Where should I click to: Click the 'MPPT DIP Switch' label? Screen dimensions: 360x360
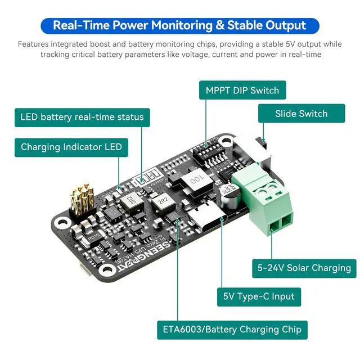(242, 90)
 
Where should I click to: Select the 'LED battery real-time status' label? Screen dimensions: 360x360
(82, 117)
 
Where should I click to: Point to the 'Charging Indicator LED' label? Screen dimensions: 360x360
(71, 147)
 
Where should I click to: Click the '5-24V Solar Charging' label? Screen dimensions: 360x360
(304, 268)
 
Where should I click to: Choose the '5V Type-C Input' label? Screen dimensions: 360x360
(259, 296)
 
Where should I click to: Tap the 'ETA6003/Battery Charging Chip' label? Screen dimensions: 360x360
(232, 330)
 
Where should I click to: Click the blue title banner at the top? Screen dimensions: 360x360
(179, 25)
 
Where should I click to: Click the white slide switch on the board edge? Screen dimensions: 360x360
(263, 147)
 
